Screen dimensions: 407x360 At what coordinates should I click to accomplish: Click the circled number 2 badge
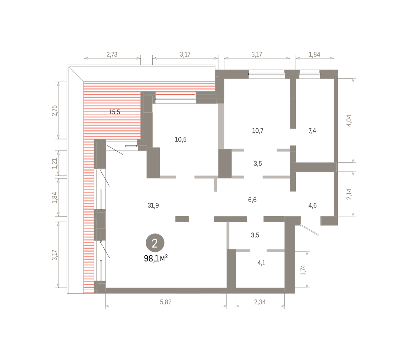point(155,243)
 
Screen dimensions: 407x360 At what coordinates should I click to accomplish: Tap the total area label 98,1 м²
point(156,259)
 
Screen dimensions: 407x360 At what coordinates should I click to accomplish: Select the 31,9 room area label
point(153,205)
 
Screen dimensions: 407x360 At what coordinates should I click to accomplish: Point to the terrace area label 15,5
point(115,112)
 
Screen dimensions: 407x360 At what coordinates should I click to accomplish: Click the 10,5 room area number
point(180,139)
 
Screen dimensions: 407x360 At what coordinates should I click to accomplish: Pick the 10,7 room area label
point(258,131)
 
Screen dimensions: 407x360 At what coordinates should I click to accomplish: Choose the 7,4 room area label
point(312,131)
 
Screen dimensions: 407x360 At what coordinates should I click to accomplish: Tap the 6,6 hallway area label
point(252,200)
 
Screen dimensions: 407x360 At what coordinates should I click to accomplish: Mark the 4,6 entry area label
point(313,205)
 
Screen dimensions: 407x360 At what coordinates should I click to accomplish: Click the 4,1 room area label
point(261,263)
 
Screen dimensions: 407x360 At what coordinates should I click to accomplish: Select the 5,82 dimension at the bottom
point(166,302)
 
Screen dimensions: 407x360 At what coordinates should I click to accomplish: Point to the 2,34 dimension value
point(260,302)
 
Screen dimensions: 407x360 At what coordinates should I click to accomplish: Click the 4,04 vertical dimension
point(349,120)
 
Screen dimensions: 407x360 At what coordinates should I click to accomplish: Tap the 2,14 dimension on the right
point(349,194)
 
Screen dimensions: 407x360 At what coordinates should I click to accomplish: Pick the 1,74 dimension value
point(303,270)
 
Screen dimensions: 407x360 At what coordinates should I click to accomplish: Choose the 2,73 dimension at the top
point(112,54)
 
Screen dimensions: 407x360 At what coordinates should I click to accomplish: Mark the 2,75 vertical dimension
point(55,110)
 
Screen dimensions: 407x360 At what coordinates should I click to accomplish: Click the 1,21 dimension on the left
point(55,163)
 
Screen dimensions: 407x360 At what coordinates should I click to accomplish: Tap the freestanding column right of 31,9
point(182,219)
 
